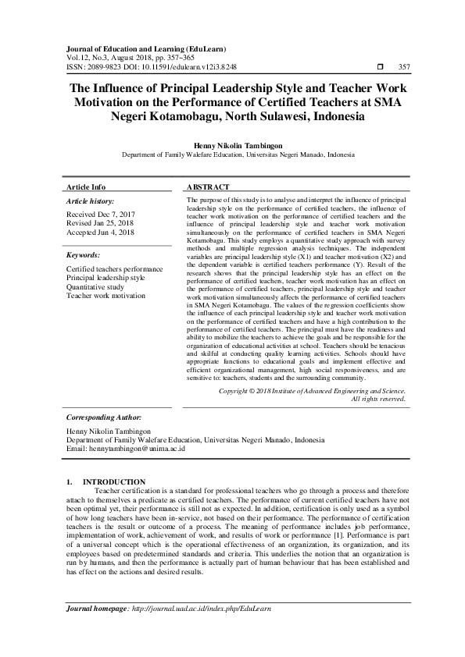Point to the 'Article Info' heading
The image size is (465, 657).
point(86,187)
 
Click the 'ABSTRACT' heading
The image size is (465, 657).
point(208,187)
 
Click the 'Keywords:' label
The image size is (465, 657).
point(83,255)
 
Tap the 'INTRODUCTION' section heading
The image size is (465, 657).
point(114,481)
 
